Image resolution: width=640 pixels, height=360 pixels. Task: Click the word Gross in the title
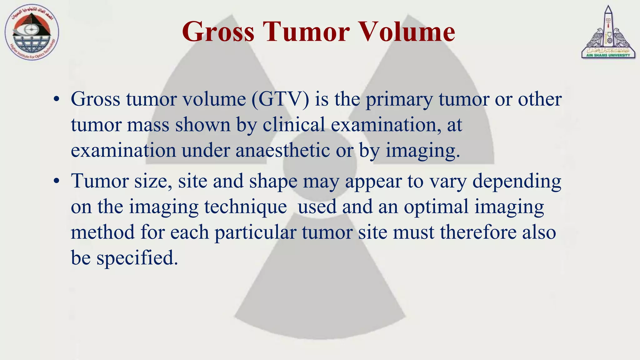[218, 32]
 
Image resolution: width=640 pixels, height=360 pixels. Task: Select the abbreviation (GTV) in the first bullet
[280, 99]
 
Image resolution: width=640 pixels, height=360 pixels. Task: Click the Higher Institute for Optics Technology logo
[32, 33]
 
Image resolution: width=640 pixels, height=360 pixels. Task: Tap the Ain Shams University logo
[608, 33]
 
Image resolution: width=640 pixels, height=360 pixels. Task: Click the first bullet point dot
[56, 99]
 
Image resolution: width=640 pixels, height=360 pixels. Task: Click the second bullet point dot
[56, 181]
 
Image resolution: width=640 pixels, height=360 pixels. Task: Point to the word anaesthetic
[282, 151]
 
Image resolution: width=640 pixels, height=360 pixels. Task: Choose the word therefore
[478, 232]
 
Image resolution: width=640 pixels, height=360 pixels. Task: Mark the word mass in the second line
[148, 125]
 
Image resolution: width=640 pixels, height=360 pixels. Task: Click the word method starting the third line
[102, 232]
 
